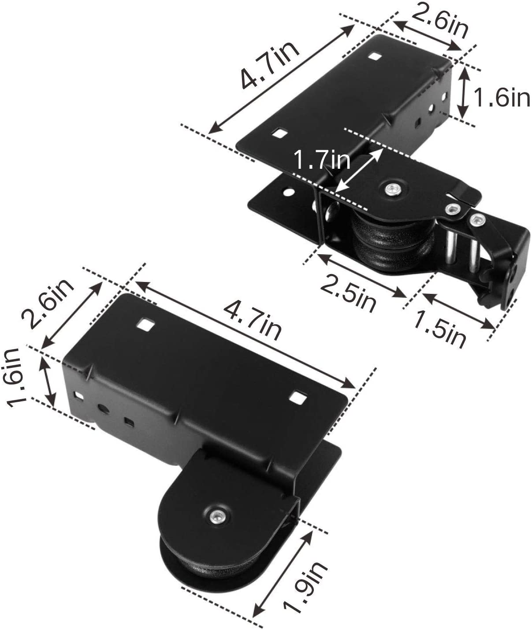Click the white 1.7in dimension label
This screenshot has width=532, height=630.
322,159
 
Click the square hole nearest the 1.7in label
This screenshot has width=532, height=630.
278,132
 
